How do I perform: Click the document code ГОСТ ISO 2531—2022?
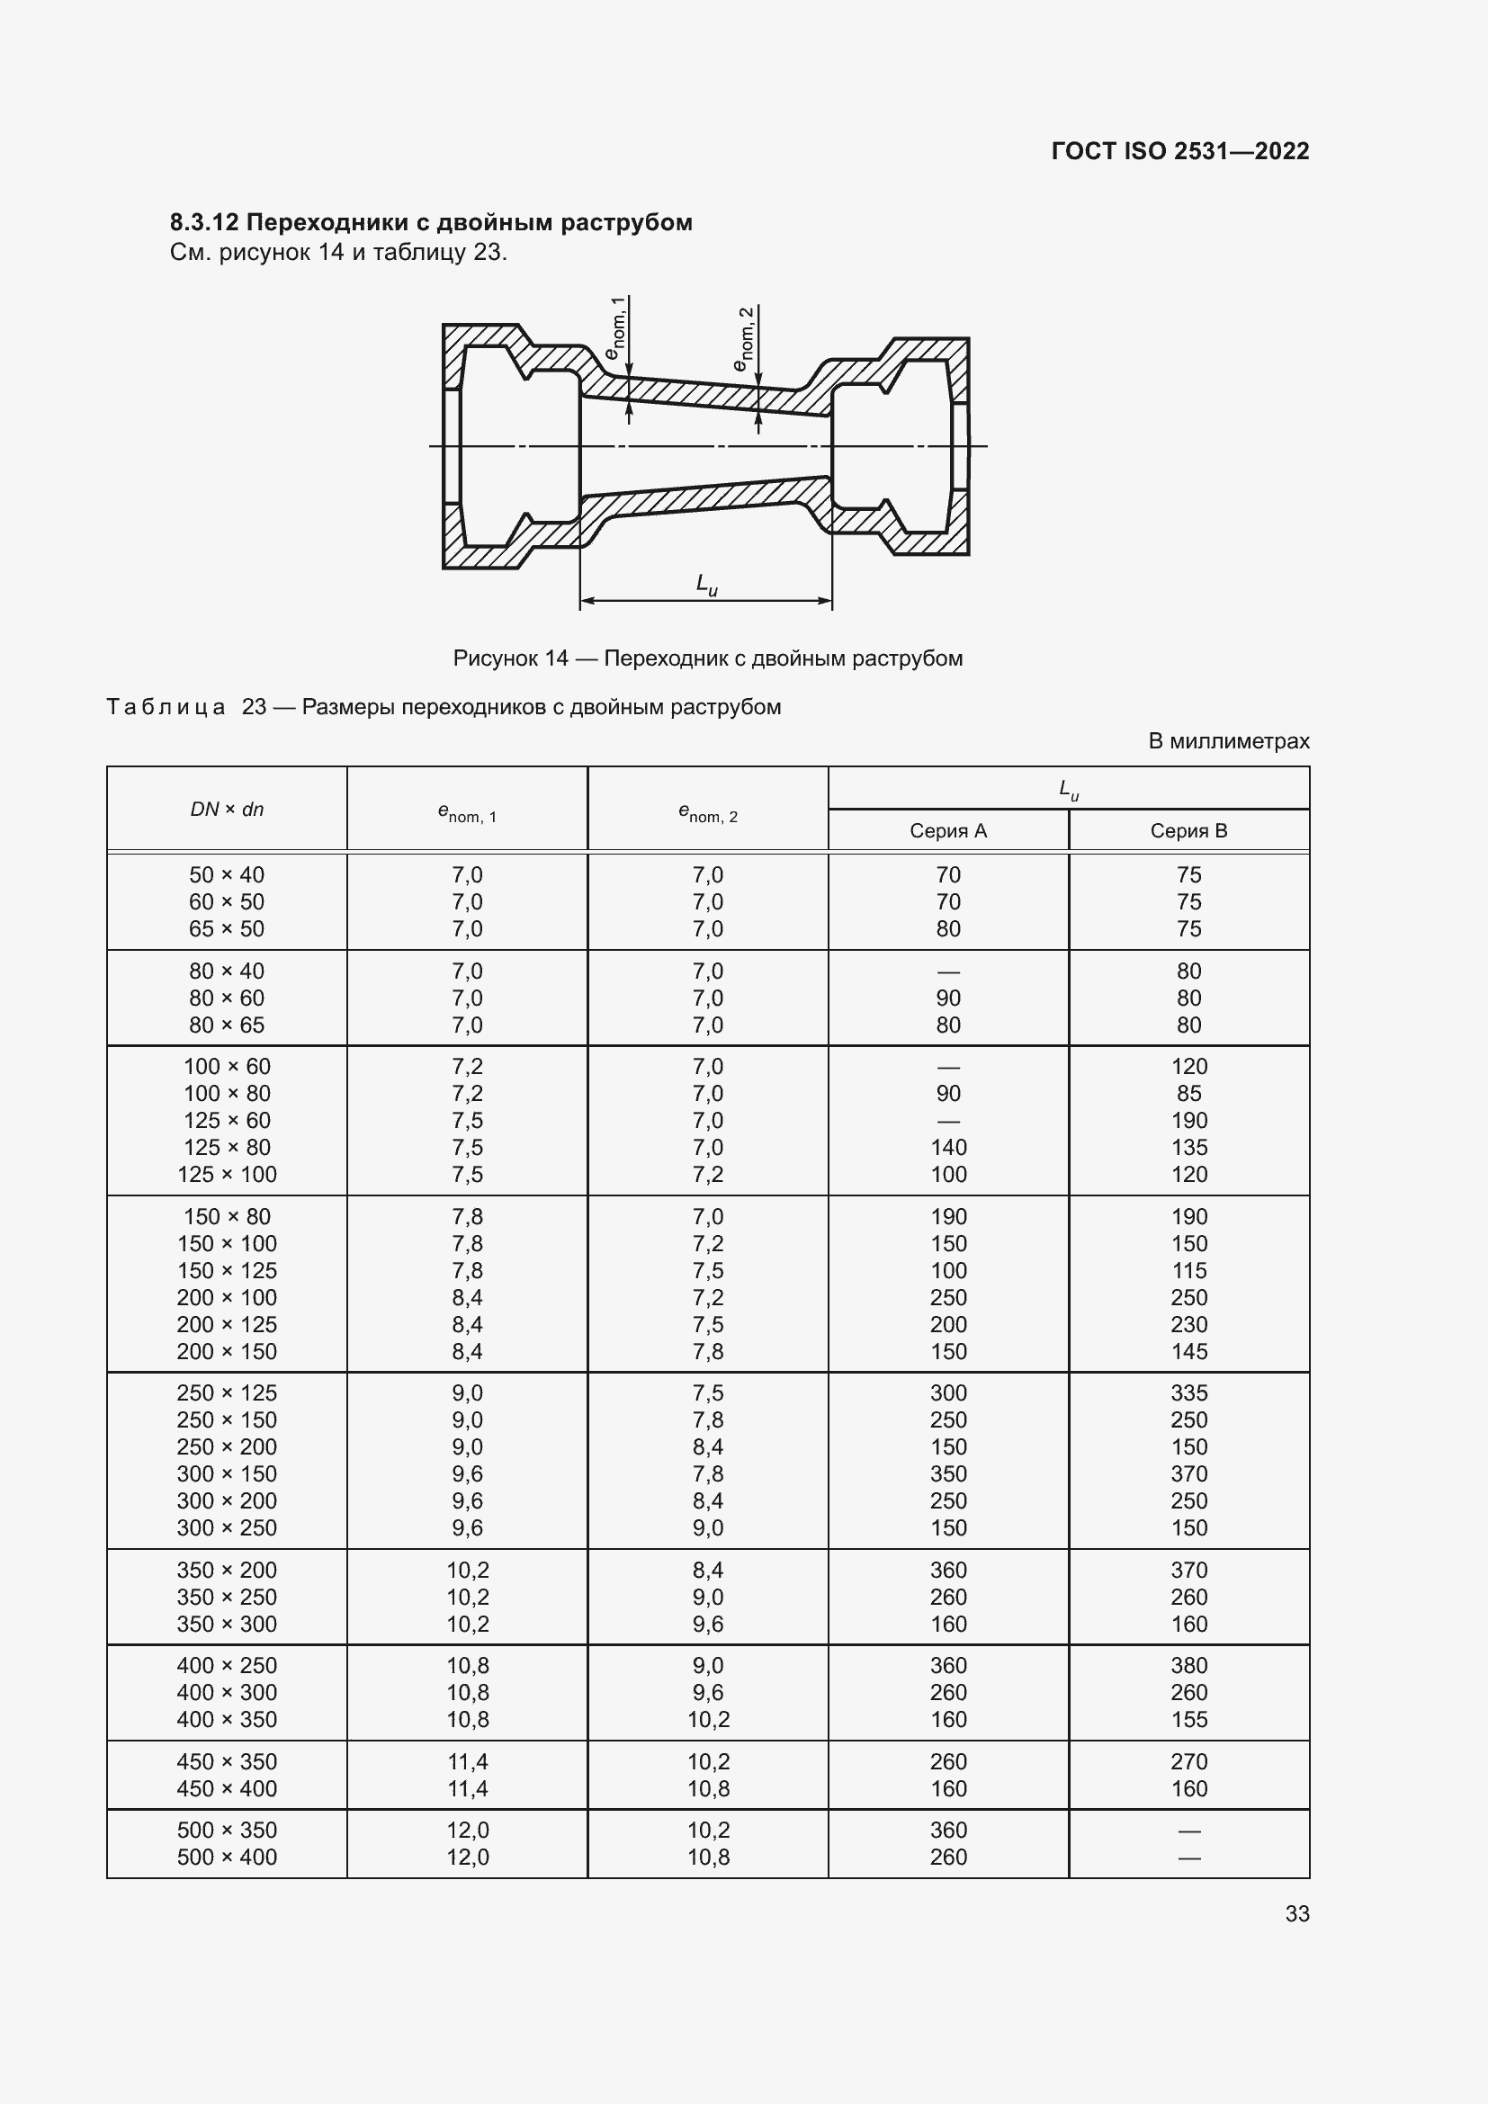coord(1179,151)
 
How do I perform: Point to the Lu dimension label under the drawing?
coord(706,585)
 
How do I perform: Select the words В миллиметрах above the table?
coord(1228,740)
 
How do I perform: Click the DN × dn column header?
coord(227,810)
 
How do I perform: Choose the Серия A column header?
coord(947,831)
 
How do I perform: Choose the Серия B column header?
coord(1188,831)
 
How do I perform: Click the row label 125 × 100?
coord(227,1175)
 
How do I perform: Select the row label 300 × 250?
coord(227,1527)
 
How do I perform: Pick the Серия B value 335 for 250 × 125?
coord(1188,1392)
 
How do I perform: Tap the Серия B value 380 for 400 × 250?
coord(1188,1665)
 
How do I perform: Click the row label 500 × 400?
coord(227,1857)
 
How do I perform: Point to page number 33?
coord(1296,1913)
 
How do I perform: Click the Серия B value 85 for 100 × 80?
coord(1188,1093)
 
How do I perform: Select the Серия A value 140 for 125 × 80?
coord(947,1147)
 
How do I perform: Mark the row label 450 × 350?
coord(227,1761)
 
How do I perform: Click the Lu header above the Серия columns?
coord(1069,789)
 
